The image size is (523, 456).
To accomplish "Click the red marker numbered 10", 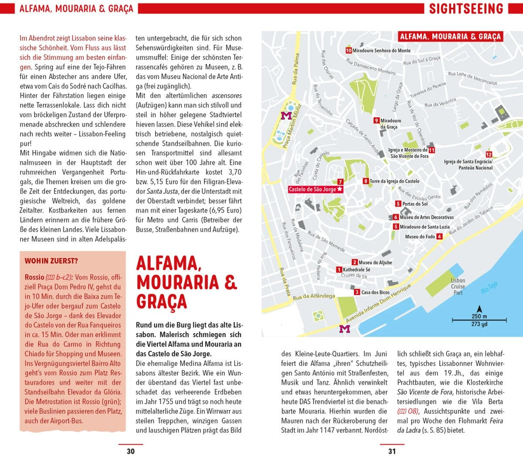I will (x=349, y=51).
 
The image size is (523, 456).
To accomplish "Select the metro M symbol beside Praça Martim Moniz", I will (x=286, y=115).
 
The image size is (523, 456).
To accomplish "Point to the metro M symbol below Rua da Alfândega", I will (x=344, y=329).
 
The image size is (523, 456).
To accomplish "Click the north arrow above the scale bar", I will (x=479, y=308).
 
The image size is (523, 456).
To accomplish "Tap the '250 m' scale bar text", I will (x=479, y=317).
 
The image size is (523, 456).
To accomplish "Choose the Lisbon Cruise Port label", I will (x=458, y=287).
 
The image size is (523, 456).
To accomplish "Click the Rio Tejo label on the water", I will (x=489, y=288).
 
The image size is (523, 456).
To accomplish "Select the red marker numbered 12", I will (x=489, y=155).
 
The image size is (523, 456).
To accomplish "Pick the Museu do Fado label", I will (x=420, y=236).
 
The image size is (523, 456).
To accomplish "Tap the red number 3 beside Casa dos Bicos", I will (x=357, y=292).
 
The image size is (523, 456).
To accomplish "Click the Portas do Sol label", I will (x=415, y=204).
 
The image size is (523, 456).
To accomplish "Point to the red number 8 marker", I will (x=366, y=181).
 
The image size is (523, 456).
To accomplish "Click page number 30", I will (x=130, y=451).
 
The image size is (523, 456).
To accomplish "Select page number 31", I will (x=392, y=451).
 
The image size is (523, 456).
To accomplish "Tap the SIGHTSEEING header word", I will (x=466, y=9).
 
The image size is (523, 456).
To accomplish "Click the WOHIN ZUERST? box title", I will (x=51, y=261).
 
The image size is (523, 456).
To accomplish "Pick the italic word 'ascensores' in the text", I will (x=227, y=96).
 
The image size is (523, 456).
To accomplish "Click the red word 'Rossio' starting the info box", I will (x=34, y=277).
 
